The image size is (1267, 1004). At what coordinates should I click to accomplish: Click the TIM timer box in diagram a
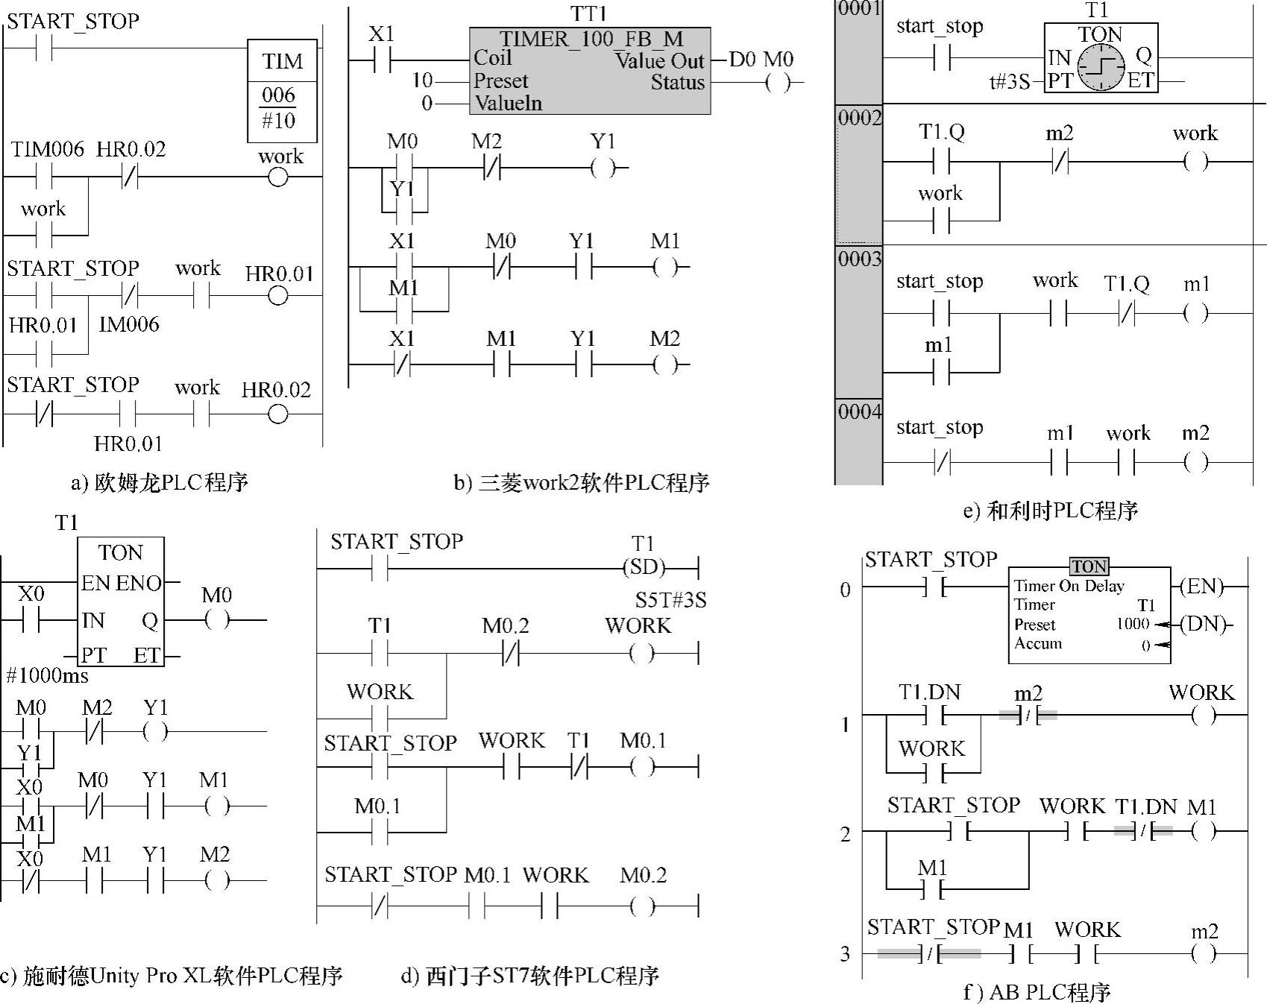[282, 90]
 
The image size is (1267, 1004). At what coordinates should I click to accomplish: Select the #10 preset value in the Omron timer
[279, 121]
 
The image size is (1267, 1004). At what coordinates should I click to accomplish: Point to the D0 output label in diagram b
[743, 60]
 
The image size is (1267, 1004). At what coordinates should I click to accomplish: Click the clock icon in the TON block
[1101, 67]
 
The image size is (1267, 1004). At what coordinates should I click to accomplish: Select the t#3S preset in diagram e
[1009, 81]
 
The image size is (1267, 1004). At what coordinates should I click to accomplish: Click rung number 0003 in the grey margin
[859, 259]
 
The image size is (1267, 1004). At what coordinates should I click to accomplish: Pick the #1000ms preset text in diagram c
[48, 676]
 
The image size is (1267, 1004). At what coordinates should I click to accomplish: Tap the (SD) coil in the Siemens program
[643, 568]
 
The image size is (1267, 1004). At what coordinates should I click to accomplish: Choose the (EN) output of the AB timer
[1201, 587]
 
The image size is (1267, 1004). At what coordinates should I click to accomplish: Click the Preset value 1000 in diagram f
[1132, 624]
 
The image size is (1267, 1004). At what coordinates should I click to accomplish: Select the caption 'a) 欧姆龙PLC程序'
[159, 482]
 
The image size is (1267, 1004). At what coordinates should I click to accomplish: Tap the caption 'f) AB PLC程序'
[1037, 992]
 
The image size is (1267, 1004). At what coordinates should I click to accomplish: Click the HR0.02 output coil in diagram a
[277, 414]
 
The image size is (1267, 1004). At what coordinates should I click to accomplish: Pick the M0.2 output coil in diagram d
[642, 907]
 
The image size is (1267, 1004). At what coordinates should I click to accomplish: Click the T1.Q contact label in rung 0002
[941, 133]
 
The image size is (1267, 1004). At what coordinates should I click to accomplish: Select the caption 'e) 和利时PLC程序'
[1050, 511]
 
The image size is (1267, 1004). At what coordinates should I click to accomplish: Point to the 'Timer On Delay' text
[1069, 587]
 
